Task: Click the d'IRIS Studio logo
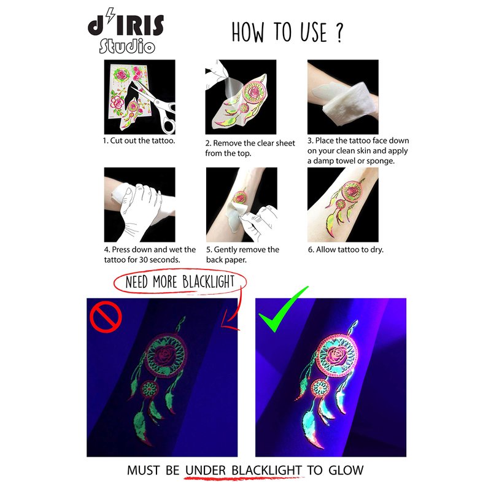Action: pyautogui.click(x=126, y=31)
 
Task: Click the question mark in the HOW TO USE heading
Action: pyautogui.click(x=339, y=33)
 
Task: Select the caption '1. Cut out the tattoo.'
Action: pyautogui.click(x=139, y=141)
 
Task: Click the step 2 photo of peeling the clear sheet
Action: pyautogui.click(x=241, y=97)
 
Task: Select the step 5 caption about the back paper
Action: pyautogui.click(x=242, y=255)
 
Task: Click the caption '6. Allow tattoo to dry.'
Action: pyautogui.click(x=346, y=250)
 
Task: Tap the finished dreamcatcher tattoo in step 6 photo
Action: pyautogui.click(x=344, y=205)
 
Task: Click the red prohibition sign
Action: pyautogui.click(x=106, y=317)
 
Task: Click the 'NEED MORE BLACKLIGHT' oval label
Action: pyautogui.click(x=180, y=282)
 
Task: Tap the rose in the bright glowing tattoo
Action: pyautogui.click(x=336, y=356)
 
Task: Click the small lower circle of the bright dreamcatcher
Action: pyautogui.click(x=320, y=389)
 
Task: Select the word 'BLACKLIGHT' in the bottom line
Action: pyautogui.click(x=267, y=470)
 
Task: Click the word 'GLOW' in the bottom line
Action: pyautogui.click(x=346, y=470)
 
